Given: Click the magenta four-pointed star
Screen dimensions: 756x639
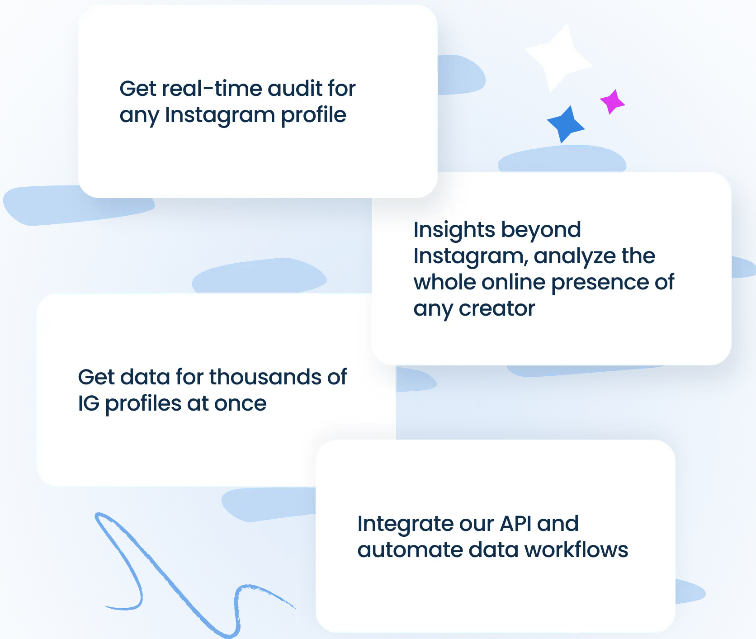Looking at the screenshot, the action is click(x=612, y=102).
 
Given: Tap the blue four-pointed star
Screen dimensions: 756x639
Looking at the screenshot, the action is click(x=565, y=124).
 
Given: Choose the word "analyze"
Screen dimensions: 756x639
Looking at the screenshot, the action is click(x=575, y=256).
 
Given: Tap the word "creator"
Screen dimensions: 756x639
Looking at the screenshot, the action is click(x=497, y=308).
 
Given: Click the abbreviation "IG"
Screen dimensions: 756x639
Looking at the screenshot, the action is click(x=89, y=403).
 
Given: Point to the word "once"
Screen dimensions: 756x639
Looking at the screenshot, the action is click(x=240, y=404).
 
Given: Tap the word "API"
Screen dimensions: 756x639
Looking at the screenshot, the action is click(x=516, y=524).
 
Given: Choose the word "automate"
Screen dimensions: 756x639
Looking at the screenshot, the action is click(x=410, y=550).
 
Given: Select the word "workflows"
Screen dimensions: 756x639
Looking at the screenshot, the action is click(x=576, y=549).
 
